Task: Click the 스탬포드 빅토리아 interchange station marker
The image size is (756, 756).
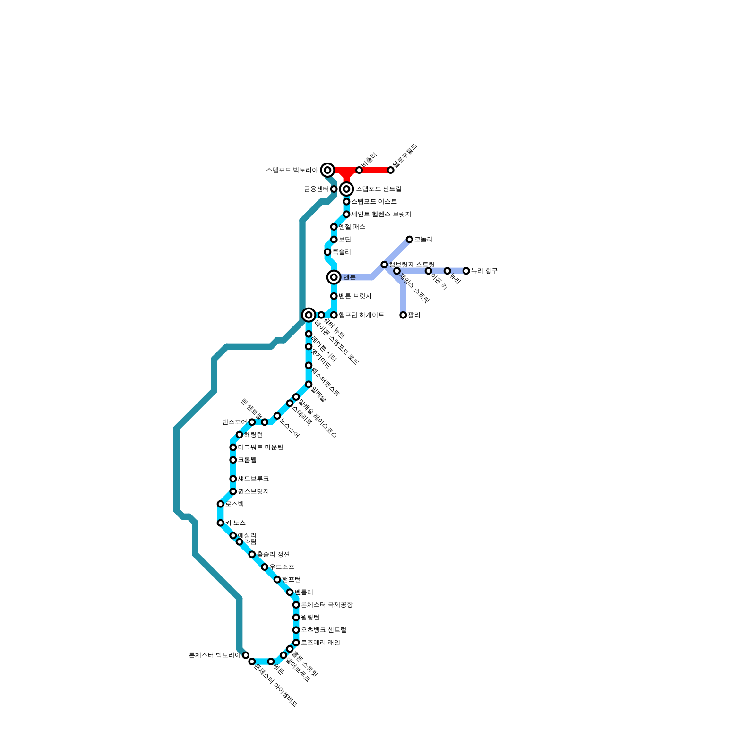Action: click(x=327, y=170)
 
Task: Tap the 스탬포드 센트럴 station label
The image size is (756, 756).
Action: click(x=378, y=189)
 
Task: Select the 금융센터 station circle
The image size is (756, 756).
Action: click(x=334, y=189)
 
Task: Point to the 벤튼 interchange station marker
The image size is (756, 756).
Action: click(x=334, y=277)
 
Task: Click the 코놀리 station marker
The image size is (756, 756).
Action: click(x=409, y=240)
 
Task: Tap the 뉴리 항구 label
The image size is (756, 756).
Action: click(x=484, y=271)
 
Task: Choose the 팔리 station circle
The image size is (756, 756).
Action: click(x=403, y=315)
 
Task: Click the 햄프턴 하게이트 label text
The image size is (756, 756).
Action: click(x=361, y=315)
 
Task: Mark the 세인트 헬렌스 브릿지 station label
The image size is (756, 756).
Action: click(x=381, y=215)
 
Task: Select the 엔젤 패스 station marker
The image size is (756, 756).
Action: click(x=334, y=227)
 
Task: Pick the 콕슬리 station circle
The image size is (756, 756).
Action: click(x=327, y=252)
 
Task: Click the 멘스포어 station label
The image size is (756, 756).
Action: click(x=234, y=422)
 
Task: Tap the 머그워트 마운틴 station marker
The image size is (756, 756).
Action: click(x=233, y=447)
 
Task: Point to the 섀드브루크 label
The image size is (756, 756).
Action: click(x=253, y=479)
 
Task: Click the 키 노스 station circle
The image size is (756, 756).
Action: click(x=220, y=523)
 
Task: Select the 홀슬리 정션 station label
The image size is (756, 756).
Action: click(x=273, y=554)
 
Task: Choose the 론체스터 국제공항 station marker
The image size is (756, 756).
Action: click(x=296, y=605)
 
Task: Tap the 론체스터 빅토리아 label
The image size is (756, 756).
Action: click(x=215, y=655)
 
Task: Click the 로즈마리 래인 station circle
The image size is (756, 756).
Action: click(x=296, y=643)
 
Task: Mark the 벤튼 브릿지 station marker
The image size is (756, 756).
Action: click(x=334, y=296)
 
